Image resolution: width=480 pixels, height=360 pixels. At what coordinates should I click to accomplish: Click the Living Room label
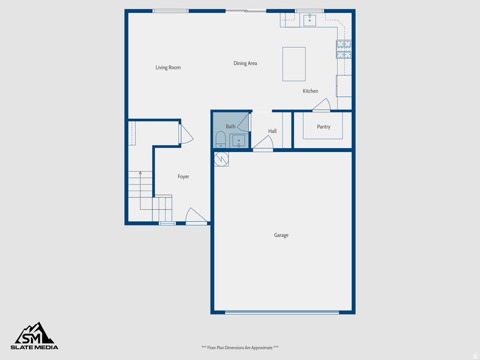point(168,67)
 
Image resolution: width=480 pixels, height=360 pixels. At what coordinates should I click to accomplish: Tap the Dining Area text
point(245,63)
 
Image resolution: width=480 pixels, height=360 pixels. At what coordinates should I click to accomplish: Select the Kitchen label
point(310,91)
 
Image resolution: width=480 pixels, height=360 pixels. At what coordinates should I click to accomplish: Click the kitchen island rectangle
point(294,64)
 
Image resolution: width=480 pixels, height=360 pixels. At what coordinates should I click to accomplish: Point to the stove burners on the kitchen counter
point(344,49)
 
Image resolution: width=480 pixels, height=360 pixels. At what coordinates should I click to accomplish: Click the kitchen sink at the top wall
point(309,20)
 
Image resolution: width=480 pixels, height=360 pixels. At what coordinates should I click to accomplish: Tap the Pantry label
point(323,127)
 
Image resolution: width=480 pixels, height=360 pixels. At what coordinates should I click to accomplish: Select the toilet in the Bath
point(220,140)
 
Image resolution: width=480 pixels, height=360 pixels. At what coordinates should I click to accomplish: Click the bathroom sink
point(239,141)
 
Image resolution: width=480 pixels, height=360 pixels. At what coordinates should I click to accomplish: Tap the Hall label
point(272,131)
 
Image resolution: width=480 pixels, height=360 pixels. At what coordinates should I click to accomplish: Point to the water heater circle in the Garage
point(221,159)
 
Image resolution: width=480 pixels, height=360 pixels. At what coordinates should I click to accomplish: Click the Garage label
point(281,235)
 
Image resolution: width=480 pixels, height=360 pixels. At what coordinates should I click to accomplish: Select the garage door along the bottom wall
point(282,312)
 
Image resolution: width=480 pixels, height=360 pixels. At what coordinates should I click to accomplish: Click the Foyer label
point(183,177)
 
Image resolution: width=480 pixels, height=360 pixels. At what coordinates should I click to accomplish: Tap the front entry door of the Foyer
point(196,217)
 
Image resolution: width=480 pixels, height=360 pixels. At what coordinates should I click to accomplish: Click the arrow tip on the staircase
point(140,172)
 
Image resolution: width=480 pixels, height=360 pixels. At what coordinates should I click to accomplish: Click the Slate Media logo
point(35,336)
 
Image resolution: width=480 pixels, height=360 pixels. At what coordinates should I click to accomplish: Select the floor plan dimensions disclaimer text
point(240,348)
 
